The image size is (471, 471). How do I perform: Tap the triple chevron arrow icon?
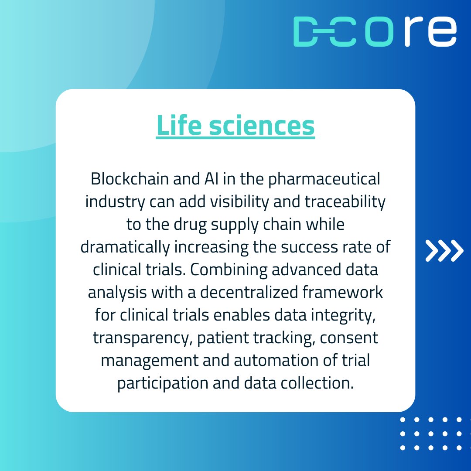444,251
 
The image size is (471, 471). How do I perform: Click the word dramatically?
125,247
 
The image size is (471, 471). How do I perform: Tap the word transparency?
140,338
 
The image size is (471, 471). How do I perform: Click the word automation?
284,361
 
